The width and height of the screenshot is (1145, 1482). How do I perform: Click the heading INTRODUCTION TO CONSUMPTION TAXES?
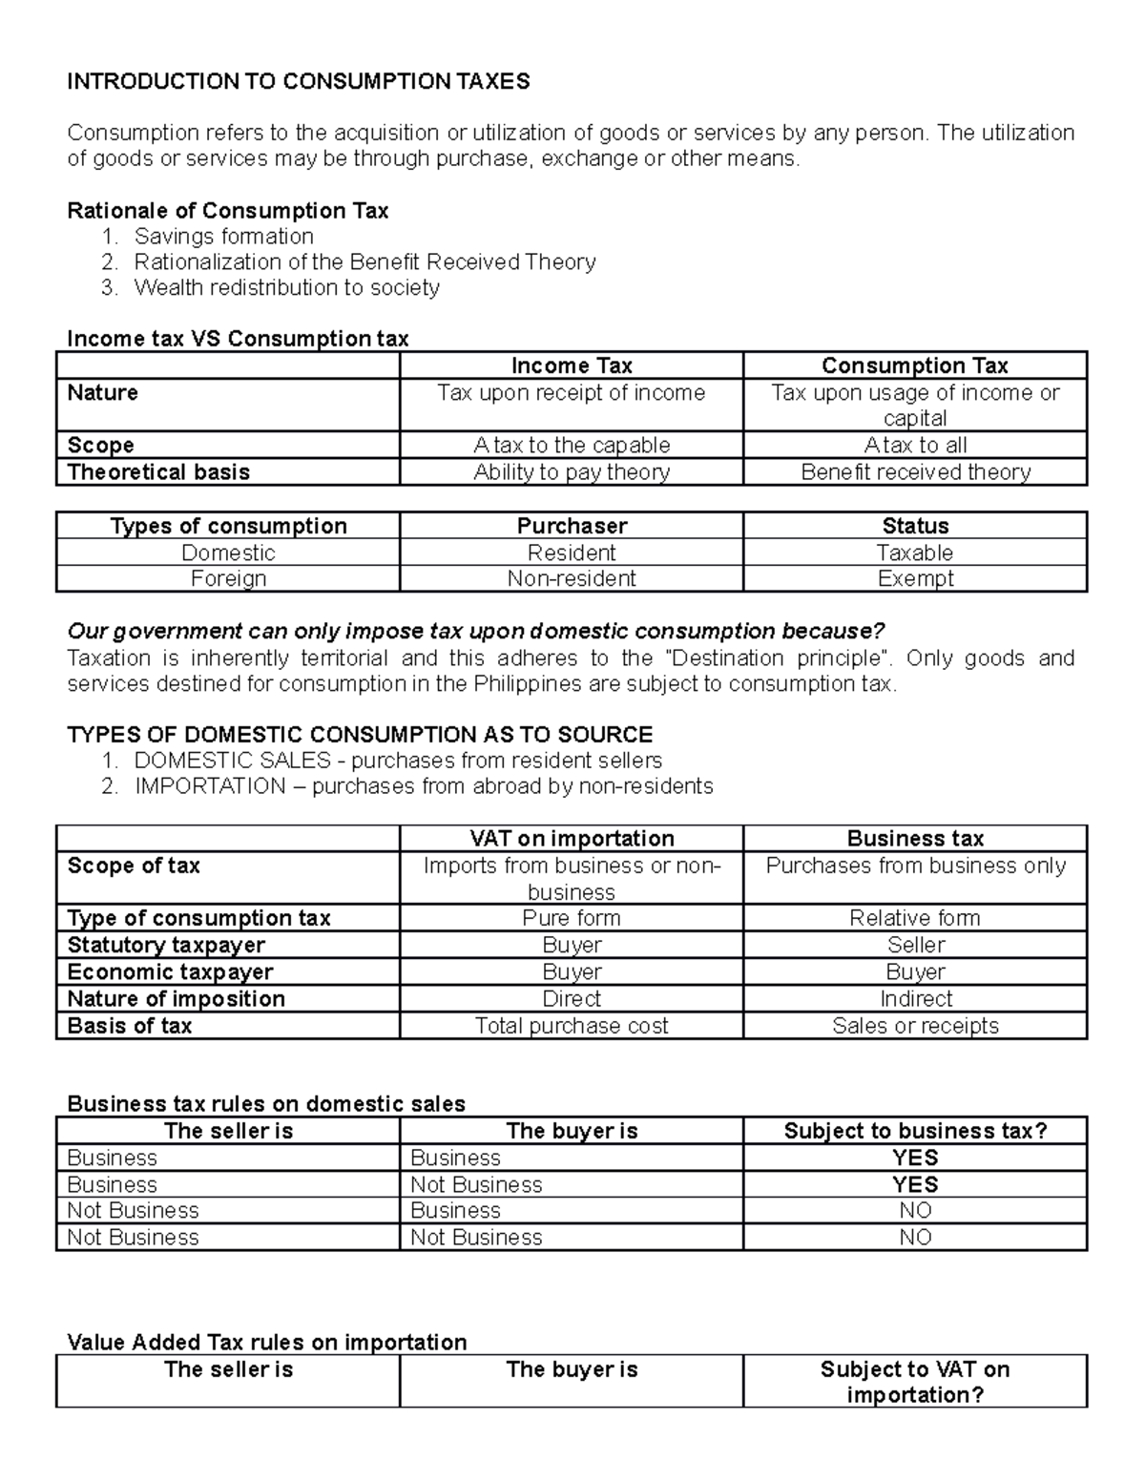(x=298, y=81)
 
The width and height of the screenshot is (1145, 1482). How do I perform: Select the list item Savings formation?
(x=223, y=236)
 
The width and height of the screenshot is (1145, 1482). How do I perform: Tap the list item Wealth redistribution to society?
(x=286, y=287)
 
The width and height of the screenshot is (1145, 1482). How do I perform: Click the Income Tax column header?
(x=572, y=365)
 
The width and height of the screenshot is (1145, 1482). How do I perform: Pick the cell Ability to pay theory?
(x=572, y=472)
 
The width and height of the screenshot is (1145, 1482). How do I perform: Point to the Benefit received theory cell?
(x=915, y=472)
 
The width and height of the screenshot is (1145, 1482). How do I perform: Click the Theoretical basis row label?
(x=158, y=472)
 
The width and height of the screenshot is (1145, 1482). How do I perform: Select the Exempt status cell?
(x=915, y=578)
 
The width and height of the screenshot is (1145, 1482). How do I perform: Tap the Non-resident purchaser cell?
(x=572, y=578)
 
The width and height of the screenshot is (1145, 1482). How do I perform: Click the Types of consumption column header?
(x=228, y=526)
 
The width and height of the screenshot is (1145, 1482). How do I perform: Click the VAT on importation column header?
(x=572, y=838)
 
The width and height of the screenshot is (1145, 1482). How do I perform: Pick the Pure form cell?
(x=572, y=918)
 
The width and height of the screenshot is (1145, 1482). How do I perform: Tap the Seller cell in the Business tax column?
(x=915, y=945)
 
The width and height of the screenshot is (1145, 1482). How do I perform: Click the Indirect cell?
(x=915, y=998)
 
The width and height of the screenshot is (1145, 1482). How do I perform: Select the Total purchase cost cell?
(x=572, y=1026)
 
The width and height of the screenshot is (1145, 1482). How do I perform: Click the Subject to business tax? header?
(x=915, y=1131)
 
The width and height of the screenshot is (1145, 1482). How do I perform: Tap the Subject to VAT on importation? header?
(x=915, y=1382)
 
